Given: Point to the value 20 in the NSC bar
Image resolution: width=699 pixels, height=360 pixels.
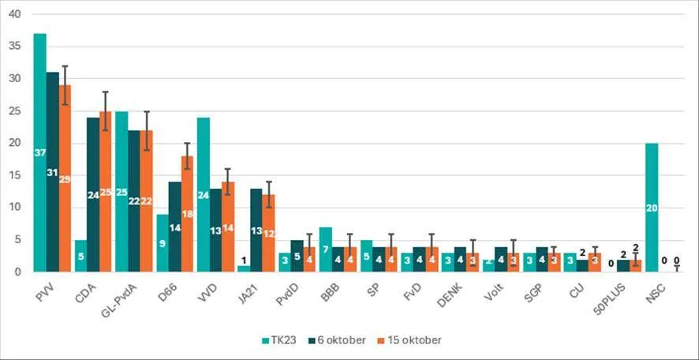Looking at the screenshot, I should (652, 208).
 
